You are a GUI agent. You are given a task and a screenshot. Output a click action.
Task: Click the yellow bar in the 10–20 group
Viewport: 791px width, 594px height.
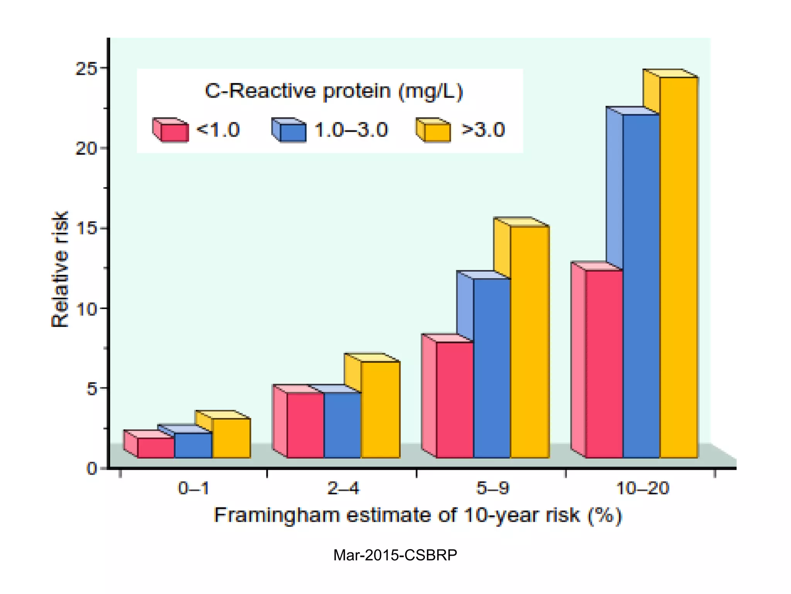point(678,267)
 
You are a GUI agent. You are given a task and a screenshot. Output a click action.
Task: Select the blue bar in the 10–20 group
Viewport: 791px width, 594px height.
point(641,286)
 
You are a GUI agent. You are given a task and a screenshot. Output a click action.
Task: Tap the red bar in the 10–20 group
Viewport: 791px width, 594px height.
point(604,364)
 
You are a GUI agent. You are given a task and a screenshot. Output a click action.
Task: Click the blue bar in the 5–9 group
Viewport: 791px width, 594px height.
point(492,367)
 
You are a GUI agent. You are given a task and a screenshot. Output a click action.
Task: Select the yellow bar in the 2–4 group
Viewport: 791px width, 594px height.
point(380,410)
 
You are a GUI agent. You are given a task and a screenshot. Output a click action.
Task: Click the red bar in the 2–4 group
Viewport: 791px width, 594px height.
point(305,425)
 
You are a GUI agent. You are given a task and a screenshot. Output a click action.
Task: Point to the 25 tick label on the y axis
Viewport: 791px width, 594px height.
point(85,68)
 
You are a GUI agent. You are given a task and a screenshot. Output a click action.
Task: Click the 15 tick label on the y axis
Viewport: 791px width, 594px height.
point(85,229)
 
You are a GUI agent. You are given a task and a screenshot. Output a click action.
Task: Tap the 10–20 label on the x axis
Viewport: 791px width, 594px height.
point(642,488)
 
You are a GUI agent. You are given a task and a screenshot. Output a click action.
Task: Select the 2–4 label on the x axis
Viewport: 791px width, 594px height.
point(343,488)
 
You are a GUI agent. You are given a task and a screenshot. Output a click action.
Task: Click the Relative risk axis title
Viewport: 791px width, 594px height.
point(60,269)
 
